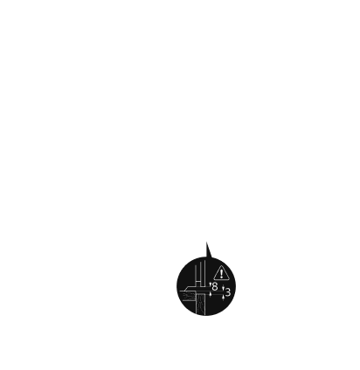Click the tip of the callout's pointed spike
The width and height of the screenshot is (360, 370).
(x=206, y=242)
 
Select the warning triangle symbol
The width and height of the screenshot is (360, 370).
(x=222, y=273)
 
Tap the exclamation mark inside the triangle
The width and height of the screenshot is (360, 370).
(x=222, y=274)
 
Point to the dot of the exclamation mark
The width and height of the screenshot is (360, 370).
(x=222, y=277)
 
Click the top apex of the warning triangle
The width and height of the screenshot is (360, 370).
(x=222, y=266)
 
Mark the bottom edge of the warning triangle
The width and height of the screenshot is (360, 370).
(x=222, y=279)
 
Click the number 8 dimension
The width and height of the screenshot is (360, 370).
(x=215, y=286)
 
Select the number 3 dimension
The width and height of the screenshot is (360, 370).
(x=228, y=292)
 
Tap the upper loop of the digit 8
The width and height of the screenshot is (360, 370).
(x=215, y=284)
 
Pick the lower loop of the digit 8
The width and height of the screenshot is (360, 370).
(x=215, y=289)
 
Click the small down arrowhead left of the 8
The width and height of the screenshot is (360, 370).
(x=211, y=283)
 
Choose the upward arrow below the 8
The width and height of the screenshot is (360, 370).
(x=211, y=294)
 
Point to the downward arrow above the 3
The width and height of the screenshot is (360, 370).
(x=223, y=288)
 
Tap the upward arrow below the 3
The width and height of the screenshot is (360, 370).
(x=223, y=298)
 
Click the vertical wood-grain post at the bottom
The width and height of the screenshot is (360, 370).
(x=201, y=304)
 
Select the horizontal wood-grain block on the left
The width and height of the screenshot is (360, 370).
(x=189, y=296)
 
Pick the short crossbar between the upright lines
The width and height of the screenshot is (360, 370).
(x=197, y=281)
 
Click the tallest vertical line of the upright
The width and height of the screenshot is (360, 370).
(x=205, y=273)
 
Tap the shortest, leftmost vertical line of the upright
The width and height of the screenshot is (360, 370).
(x=195, y=276)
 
